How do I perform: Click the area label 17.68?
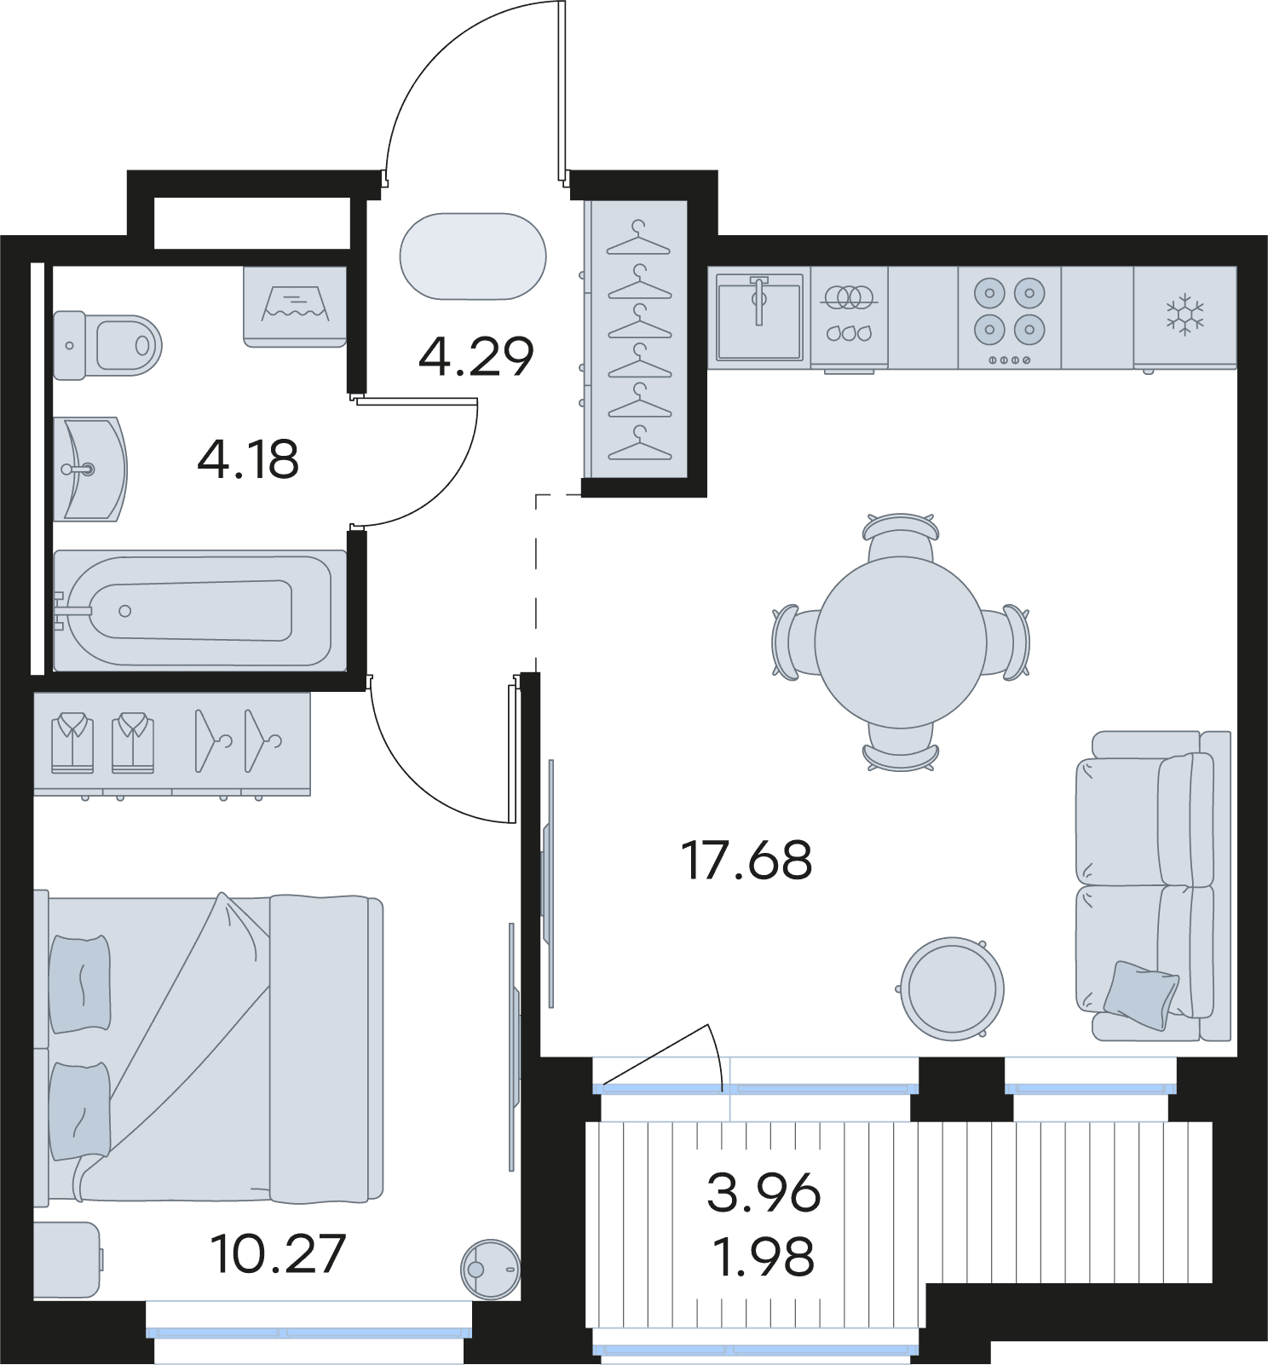(x=746, y=860)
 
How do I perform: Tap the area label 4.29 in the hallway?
(x=475, y=356)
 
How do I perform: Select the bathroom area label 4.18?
(x=248, y=460)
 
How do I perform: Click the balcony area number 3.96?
(x=764, y=1193)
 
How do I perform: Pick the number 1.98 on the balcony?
(x=764, y=1257)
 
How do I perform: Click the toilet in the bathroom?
(x=107, y=345)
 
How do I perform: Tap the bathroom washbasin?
(x=90, y=469)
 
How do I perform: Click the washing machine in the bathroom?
(x=295, y=307)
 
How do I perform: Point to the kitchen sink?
(x=759, y=316)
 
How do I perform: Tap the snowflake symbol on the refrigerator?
(x=1184, y=314)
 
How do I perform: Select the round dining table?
(x=901, y=642)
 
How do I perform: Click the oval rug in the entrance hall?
(x=473, y=256)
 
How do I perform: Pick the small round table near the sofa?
(x=952, y=988)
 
